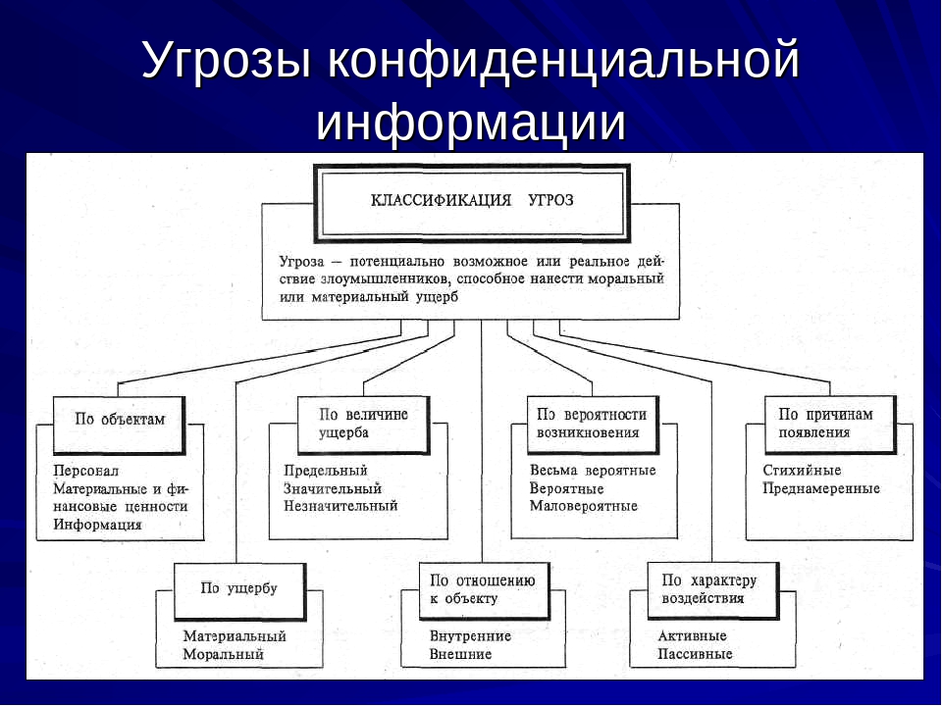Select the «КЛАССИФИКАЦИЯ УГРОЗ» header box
coord(472,201)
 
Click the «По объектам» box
coord(120,419)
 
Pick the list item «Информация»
coord(97,525)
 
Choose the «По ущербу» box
coord(238,588)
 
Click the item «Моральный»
coord(223,654)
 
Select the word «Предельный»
coord(325,470)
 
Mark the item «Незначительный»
coord(340,506)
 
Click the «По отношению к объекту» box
coord(482,588)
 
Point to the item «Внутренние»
coord(470,635)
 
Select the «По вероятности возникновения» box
coord(592,423)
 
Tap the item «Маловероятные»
coord(583,506)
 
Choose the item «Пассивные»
coord(695,654)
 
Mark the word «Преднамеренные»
coord(820,488)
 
